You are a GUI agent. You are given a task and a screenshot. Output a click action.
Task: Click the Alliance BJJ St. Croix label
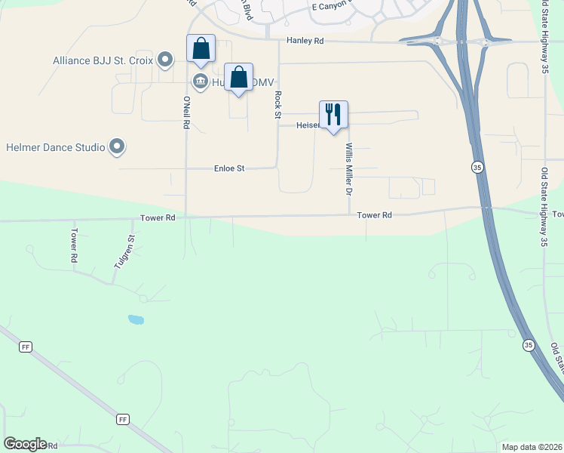click(x=103, y=60)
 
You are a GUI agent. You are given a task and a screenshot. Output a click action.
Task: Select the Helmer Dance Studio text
click(x=55, y=147)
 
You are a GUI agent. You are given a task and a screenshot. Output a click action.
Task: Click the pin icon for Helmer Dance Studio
click(x=117, y=146)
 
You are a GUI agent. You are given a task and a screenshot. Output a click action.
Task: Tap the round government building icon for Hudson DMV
click(x=200, y=82)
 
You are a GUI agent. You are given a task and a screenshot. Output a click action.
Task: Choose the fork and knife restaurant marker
click(x=333, y=116)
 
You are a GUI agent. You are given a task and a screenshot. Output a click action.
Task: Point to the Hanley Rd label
click(x=305, y=42)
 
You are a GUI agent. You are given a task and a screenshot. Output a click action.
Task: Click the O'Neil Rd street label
click(x=185, y=112)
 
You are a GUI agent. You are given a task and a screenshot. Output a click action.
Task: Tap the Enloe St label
click(x=229, y=168)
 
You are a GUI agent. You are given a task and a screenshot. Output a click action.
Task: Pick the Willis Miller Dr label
click(x=349, y=169)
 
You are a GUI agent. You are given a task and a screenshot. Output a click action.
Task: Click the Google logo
click(x=25, y=444)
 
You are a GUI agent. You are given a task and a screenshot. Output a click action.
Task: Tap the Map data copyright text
click(x=532, y=446)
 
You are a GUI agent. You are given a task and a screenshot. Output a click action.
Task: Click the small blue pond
click(x=136, y=319)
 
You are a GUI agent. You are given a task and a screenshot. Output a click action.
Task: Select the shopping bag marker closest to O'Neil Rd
click(x=201, y=50)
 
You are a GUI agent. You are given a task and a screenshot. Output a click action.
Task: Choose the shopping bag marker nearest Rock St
click(x=238, y=78)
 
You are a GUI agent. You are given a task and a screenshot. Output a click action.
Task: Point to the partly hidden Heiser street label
click(x=308, y=125)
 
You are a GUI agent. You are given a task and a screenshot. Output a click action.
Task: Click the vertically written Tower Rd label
click(x=74, y=245)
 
